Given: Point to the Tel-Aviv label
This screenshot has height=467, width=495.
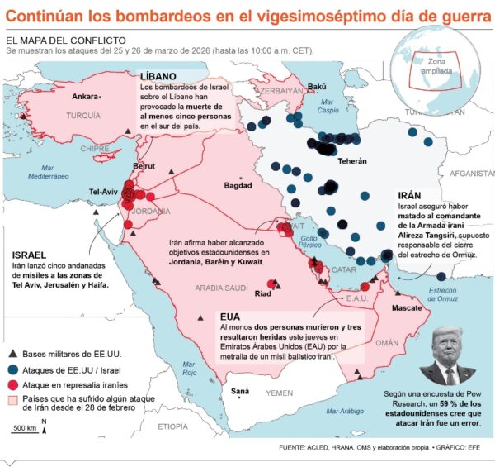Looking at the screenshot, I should pos(105,193).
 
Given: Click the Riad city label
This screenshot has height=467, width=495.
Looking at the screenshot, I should pos(263,293).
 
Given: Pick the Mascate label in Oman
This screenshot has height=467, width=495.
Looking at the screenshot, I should pos(407,307).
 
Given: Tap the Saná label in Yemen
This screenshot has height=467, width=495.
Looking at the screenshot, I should pos(239,391).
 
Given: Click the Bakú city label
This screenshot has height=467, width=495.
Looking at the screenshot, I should pos(317,86).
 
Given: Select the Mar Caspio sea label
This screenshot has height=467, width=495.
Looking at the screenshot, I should pos(329,106).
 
